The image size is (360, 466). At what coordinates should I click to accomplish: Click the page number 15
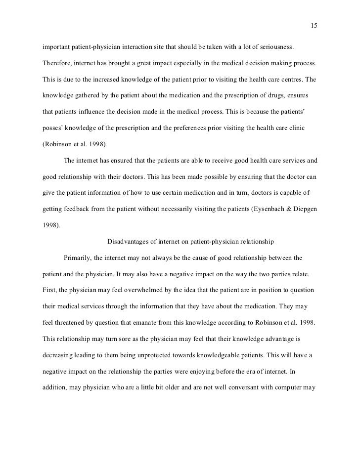[314, 26]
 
